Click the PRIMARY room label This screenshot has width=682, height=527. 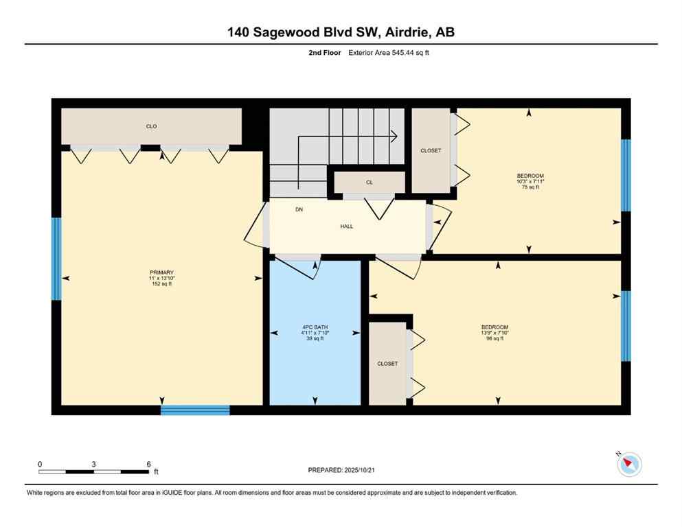pos(161,272)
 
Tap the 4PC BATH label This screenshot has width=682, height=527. pos(316,327)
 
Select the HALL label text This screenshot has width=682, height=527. pos(347,226)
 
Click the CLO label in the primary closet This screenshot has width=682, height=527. pos(151,126)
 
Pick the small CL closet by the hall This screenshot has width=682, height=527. pos(369,183)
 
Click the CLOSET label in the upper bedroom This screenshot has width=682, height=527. pos(431,150)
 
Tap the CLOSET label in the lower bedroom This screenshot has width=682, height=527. pos(387,364)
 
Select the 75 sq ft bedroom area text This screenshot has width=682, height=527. pos(530,187)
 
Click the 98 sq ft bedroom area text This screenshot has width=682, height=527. pos(495,338)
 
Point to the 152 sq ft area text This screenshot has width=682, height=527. pos(161,284)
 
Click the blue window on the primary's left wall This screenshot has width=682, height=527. pos(56,259)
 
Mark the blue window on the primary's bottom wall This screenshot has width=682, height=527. pos(195,410)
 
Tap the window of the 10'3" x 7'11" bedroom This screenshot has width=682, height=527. pos(625,175)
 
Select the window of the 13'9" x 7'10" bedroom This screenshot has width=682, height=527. pos(625,325)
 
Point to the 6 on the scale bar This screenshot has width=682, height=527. pos(148,464)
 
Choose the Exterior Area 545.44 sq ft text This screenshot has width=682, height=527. pos(391,52)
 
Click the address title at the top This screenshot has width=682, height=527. pos(341,32)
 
